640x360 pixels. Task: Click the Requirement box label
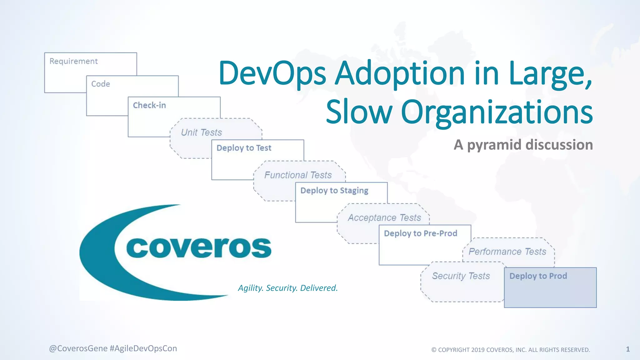coord(73,61)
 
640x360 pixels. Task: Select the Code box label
coord(101,84)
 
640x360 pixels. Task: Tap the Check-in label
coord(149,105)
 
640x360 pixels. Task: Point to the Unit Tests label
coord(201,132)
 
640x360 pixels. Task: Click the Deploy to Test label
coord(244,148)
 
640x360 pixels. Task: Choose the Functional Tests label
coord(298,175)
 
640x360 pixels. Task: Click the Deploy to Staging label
coord(334,191)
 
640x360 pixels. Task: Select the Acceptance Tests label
coord(384,217)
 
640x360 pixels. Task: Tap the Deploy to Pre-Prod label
coord(420,233)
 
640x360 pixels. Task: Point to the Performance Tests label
coord(507,252)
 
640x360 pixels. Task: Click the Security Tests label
coord(461,276)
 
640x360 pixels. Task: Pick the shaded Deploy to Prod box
coord(550,287)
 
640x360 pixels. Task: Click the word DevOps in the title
coord(272,74)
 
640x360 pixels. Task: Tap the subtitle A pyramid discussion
coord(523,145)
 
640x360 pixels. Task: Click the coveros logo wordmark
coord(199,247)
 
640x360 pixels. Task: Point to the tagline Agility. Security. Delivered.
coord(288,288)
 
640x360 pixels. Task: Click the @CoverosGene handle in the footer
coord(78,348)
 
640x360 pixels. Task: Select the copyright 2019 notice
coord(511,350)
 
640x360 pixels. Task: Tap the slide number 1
coord(628,349)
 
